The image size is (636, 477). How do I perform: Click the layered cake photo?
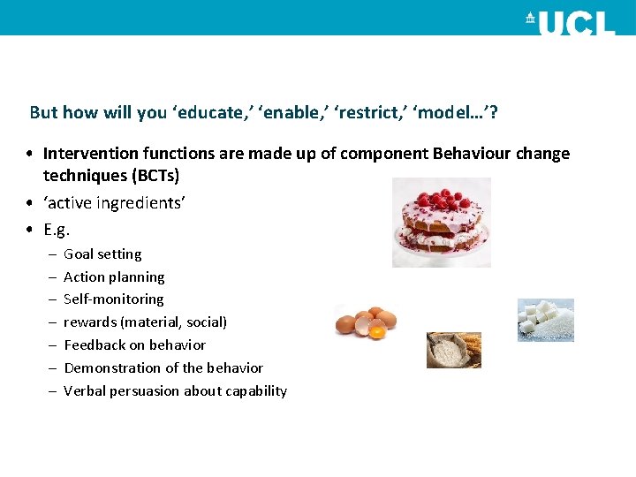tap(441, 223)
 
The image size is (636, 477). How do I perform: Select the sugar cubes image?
tap(545, 319)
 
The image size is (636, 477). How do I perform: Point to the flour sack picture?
tap(453, 350)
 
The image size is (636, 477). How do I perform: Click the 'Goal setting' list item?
tap(102, 254)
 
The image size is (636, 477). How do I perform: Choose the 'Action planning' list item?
tap(114, 277)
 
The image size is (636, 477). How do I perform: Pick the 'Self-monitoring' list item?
tap(114, 299)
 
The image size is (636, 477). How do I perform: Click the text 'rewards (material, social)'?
tap(145, 322)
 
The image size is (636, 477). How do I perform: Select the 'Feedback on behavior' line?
tap(134, 345)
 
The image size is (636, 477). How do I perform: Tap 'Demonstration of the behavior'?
tap(163, 368)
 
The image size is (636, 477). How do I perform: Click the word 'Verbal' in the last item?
tap(85, 391)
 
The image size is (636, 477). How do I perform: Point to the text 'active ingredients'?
tap(114, 202)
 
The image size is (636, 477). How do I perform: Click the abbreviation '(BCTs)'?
tap(148, 175)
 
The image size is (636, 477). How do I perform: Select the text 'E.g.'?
tap(57, 230)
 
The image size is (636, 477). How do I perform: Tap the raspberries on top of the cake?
tap(442, 199)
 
